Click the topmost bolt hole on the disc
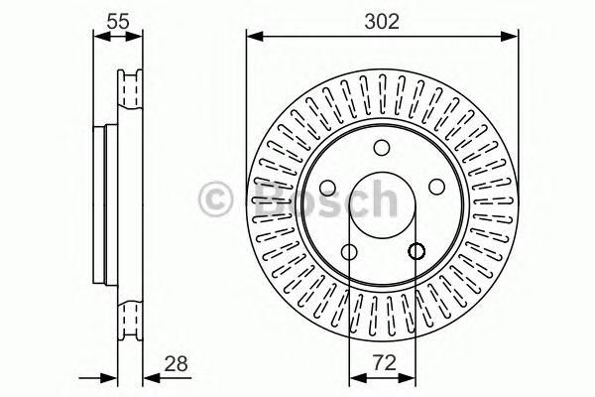click(x=382, y=149)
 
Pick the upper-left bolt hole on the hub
click(x=328, y=188)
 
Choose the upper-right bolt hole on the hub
click(x=436, y=188)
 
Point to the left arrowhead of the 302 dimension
click(x=252, y=39)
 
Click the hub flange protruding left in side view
click(x=100, y=203)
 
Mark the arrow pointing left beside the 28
click(x=150, y=377)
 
